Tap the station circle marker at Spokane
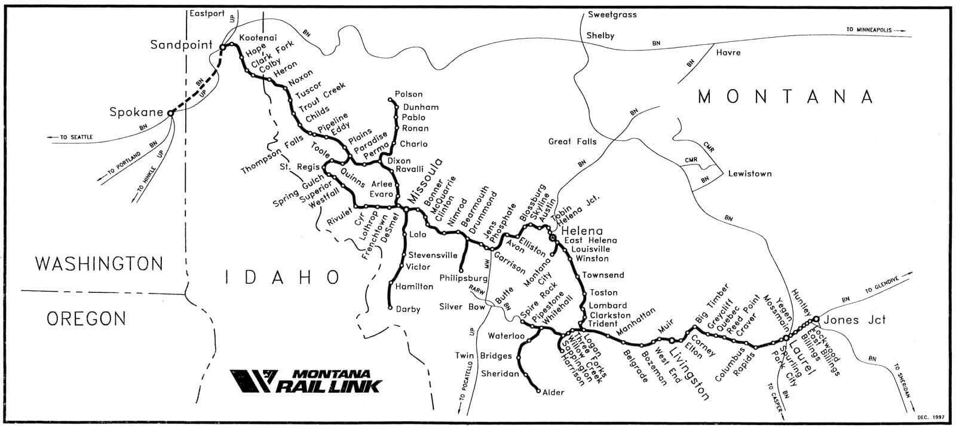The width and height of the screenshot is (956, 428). click(x=170, y=112)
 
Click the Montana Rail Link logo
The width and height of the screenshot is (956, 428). click(x=305, y=381)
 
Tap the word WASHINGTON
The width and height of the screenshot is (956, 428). click(x=99, y=263)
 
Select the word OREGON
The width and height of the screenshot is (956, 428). click(x=86, y=318)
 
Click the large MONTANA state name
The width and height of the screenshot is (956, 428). click(x=786, y=97)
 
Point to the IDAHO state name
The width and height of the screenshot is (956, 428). click(x=283, y=276)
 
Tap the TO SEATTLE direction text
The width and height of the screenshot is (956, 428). click(x=76, y=137)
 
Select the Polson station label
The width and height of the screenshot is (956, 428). click(x=409, y=94)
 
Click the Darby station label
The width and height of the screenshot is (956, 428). click(x=407, y=310)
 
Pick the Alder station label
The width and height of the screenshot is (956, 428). click(x=553, y=393)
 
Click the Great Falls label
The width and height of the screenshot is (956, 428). click(x=572, y=142)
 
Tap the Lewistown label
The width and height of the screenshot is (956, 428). click(x=749, y=174)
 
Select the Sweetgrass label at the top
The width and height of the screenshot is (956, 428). click(x=612, y=14)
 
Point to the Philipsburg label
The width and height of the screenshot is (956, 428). click(x=464, y=279)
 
